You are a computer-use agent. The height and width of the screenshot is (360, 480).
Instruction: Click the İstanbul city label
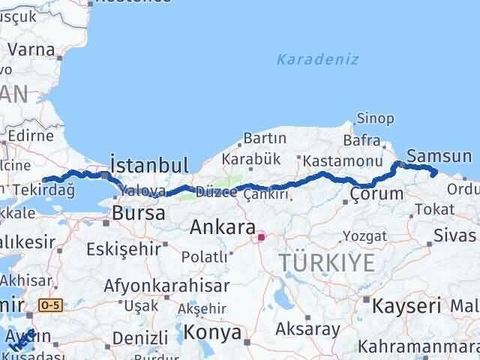[x=148, y=164]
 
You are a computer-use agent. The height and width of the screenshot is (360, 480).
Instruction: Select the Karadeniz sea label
[x=317, y=59]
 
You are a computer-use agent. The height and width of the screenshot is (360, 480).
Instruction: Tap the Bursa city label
[x=138, y=213]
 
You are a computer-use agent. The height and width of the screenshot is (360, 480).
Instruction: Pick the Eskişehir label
[x=124, y=248]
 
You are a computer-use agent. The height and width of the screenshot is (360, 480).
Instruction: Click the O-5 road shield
[x=50, y=305]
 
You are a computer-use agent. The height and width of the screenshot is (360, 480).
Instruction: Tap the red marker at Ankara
[x=261, y=238]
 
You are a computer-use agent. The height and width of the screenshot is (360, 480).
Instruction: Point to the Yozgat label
[x=364, y=237]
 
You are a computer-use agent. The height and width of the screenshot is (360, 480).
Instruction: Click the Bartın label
[x=265, y=138]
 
